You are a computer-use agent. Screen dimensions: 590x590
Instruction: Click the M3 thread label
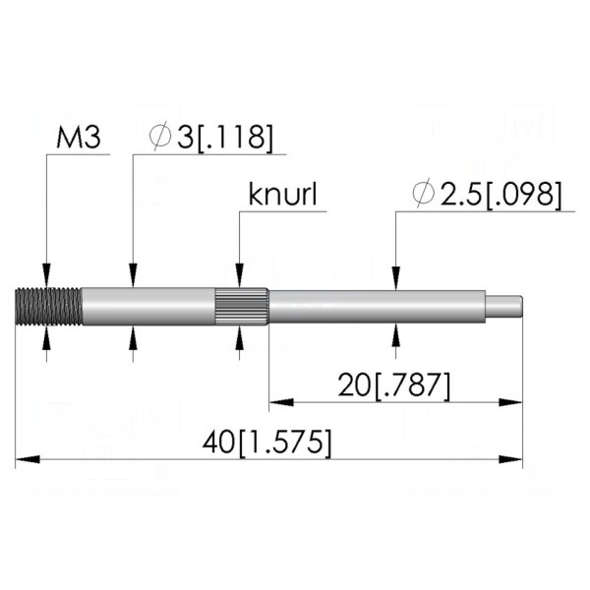[79, 138]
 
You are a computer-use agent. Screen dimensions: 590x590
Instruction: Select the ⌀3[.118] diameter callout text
[210, 138]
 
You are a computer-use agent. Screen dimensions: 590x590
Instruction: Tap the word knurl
[282, 194]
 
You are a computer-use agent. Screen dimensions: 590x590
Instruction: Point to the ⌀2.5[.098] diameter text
[487, 195]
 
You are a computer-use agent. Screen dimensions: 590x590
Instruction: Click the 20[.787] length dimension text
[394, 385]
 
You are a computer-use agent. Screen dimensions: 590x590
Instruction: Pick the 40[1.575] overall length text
[267, 442]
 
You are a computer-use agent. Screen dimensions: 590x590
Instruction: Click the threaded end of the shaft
[49, 306]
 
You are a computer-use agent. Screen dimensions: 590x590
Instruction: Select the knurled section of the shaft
[242, 306]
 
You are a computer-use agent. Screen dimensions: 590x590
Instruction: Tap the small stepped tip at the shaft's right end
[503, 306]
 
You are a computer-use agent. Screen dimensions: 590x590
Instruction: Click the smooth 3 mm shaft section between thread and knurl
[148, 306]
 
